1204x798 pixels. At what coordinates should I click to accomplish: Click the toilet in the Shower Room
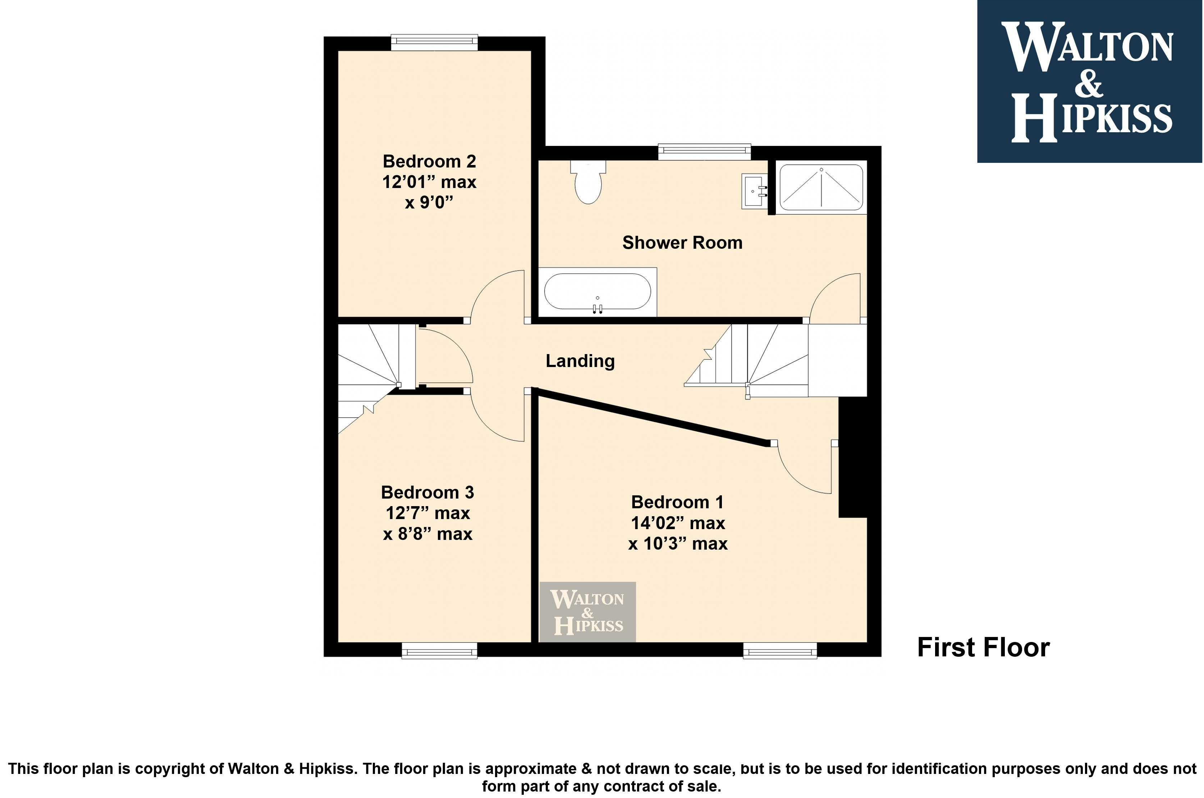pyautogui.click(x=588, y=182)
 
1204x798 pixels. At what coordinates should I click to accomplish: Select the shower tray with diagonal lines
pyautogui.click(x=821, y=187)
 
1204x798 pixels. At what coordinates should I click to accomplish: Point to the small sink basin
pyautogui.click(x=754, y=191)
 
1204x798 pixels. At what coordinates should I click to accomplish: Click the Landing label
pyautogui.click(x=580, y=361)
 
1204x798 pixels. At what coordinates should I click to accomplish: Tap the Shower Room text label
pyautogui.click(x=682, y=243)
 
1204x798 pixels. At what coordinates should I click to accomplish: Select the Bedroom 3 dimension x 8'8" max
pyautogui.click(x=428, y=534)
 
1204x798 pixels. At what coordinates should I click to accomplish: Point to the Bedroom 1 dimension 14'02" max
pyautogui.click(x=678, y=523)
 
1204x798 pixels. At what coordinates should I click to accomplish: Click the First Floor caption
pyautogui.click(x=984, y=647)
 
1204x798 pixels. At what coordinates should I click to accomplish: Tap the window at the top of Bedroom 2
pyautogui.click(x=434, y=42)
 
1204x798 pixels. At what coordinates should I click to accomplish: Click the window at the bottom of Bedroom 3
pyautogui.click(x=440, y=650)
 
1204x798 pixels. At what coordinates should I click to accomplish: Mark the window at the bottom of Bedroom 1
pyautogui.click(x=780, y=650)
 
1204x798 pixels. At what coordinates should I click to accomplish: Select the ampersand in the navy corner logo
pyautogui.click(x=1089, y=84)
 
